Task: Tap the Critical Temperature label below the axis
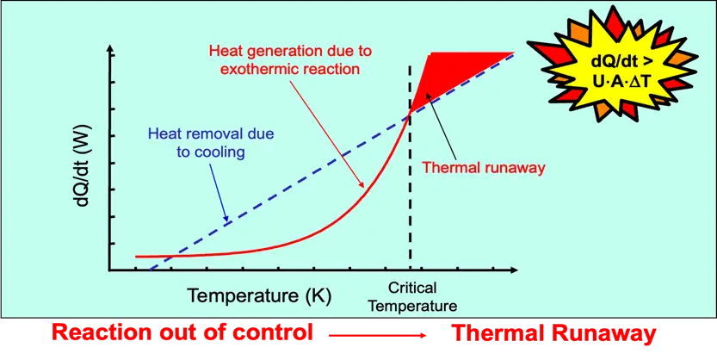[411, 297]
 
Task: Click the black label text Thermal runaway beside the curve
[485, 168]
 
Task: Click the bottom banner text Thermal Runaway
[554, 333]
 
